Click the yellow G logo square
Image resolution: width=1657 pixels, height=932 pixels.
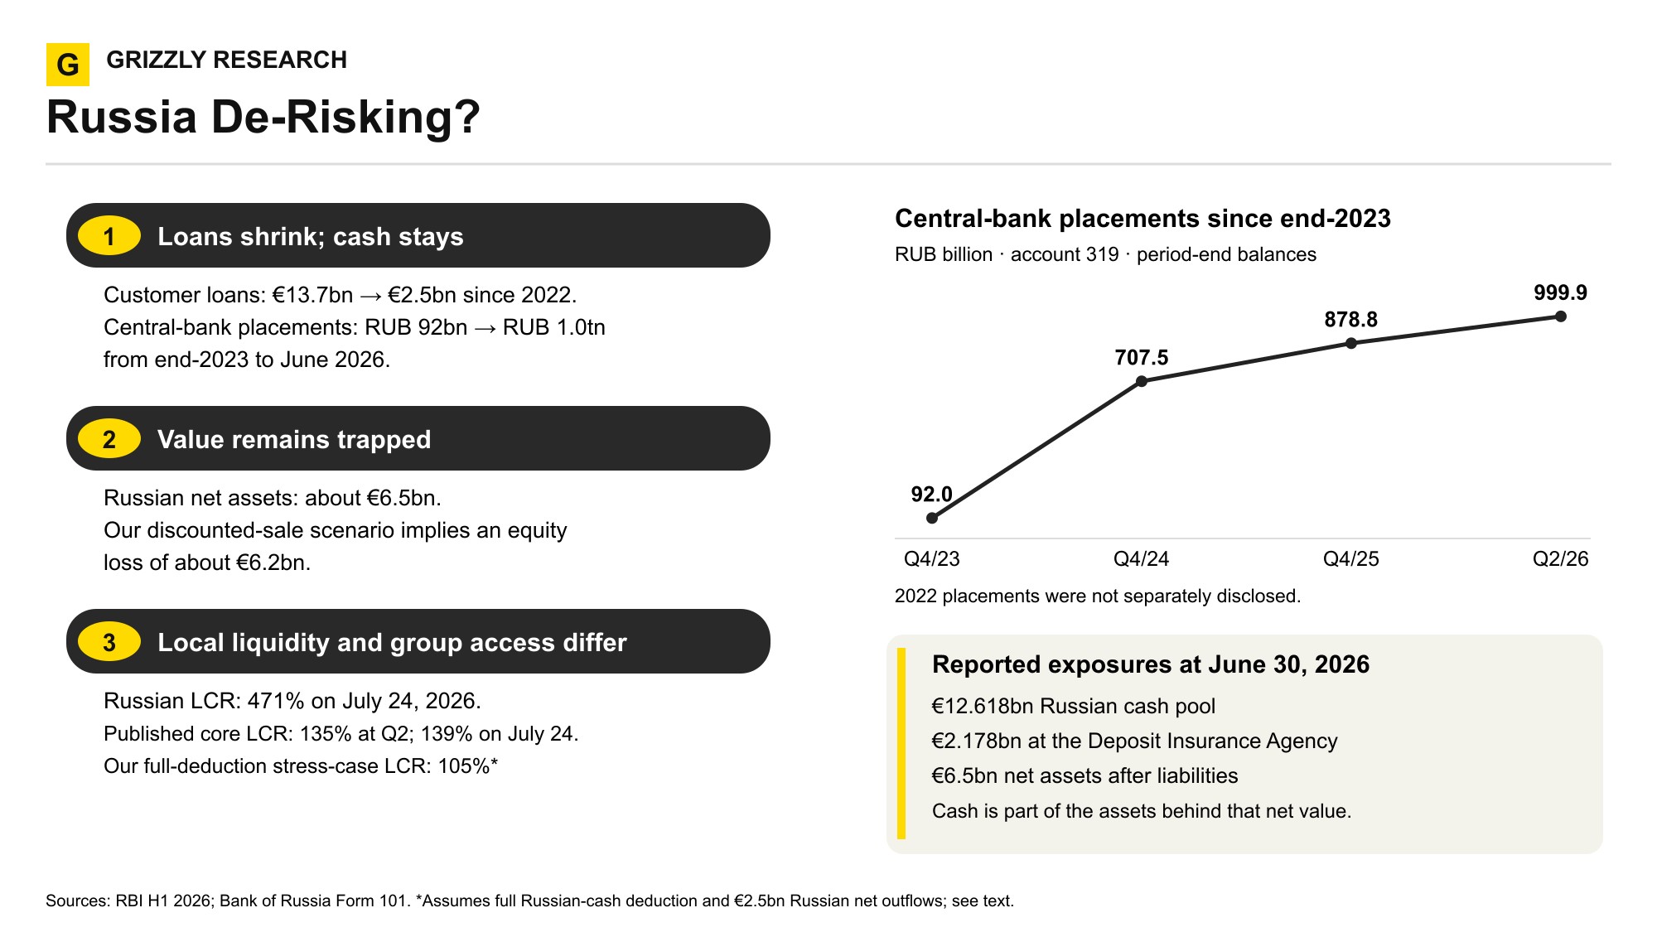(68, 65)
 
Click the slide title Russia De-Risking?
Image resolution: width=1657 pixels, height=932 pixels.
(263, 117)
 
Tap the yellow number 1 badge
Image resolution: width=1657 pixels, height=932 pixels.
(109, 236)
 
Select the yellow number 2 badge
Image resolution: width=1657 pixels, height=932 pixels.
(109, 439)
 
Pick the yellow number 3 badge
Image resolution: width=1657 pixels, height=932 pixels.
(109, 642)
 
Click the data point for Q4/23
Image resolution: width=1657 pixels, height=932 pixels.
(932, 518)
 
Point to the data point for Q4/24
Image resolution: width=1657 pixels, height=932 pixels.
(1142, 381)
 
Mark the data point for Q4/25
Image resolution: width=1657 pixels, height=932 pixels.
(1351, 343)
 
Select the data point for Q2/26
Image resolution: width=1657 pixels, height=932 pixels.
(1561, 316)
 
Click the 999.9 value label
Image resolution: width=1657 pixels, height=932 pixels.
(1560, 292)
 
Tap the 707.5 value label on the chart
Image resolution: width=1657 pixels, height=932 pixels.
(1142, 358)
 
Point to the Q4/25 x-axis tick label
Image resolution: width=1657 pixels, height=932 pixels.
(1351, 559)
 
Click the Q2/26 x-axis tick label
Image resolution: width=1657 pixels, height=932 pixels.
(1561, 559)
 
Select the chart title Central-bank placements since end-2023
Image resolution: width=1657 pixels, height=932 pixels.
(1143, 219)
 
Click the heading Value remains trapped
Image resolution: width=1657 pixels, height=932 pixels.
(294, 439)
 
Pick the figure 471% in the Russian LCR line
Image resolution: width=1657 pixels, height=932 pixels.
(276, 701)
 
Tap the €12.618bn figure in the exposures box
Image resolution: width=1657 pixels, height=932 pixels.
(983, 706)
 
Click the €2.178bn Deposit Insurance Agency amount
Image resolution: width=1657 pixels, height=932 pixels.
(977, 741)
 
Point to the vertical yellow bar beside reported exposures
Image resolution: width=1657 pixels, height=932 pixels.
(901, 744)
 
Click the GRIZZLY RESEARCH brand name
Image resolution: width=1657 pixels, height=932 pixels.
(227, 60)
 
